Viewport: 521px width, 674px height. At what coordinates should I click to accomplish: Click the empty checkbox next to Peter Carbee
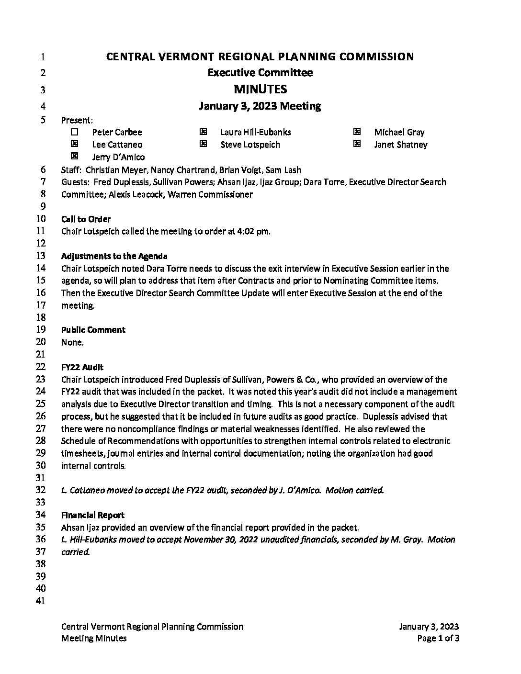(x=74, y=132)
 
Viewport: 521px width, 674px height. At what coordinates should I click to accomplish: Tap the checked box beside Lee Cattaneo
(x=74, y=144)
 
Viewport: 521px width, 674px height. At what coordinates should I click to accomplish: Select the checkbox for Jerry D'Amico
(x=74, y=156)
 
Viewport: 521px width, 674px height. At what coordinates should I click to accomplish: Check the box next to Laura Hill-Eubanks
(x=203, y=132)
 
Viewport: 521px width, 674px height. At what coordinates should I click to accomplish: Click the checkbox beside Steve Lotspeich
(x=203, y=144)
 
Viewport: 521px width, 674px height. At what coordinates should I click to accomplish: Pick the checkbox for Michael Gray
(x=357, y=132)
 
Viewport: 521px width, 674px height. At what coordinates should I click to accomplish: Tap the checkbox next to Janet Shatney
(x=357, y=144)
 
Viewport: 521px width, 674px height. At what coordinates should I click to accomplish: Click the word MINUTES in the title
(x=260, y=89)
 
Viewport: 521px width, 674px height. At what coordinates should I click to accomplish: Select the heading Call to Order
(x=86, y=219)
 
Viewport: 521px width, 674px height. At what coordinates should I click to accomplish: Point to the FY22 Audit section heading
(x=82, y=367)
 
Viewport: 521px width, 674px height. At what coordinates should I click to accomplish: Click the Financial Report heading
(x=93, y=515)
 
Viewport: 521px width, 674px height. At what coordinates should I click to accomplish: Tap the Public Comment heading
(x=93, y=330)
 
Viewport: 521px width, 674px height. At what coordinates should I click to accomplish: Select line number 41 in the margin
(x=41, y=601)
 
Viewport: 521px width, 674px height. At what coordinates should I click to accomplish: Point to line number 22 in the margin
(x=41, y=367)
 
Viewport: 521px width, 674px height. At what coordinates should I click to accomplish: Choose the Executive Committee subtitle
(x=260, y=73)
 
